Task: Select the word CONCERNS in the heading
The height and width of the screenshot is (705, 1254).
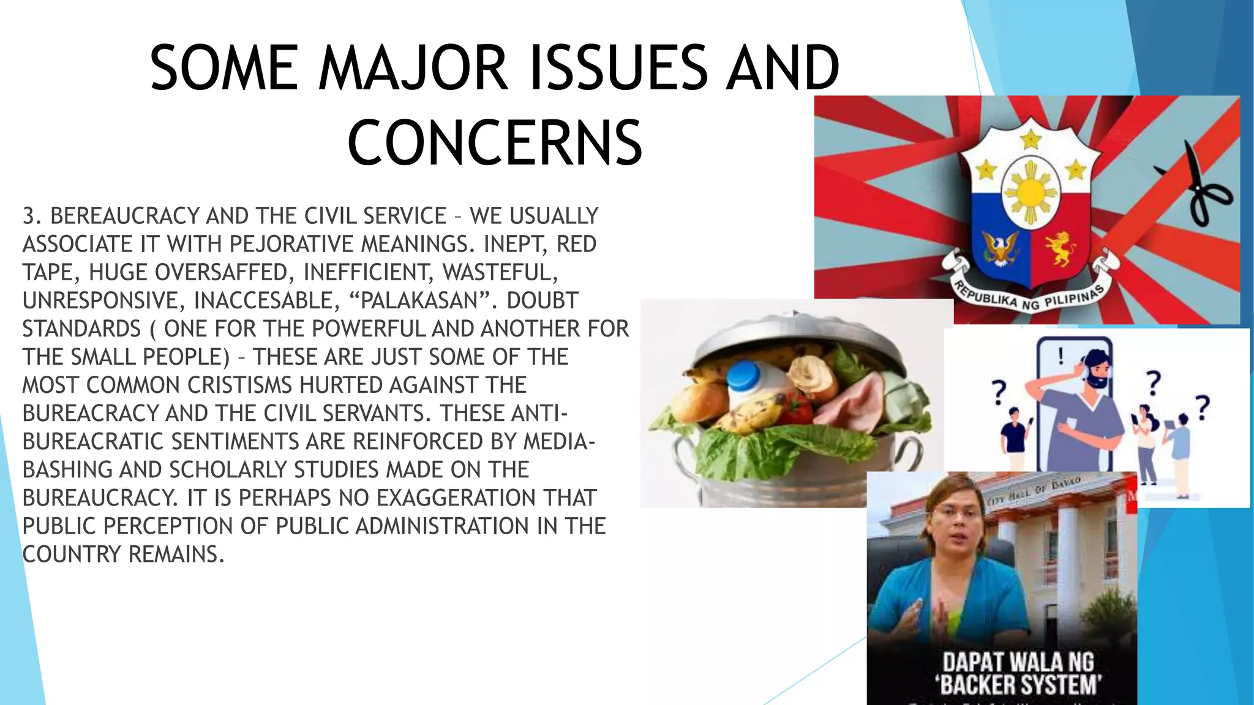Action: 495,143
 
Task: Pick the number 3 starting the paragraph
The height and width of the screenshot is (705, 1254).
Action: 29,216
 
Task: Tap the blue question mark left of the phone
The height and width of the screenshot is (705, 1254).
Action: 999,392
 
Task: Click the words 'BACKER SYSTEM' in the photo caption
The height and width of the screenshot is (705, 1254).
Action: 1019,684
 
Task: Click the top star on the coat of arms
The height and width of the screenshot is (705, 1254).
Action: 1031,140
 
